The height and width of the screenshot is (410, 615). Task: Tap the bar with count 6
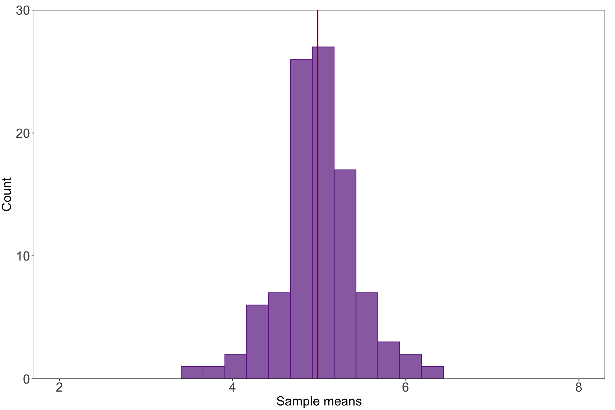pos(257,341)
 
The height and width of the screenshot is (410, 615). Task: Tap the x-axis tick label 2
pos(59,387)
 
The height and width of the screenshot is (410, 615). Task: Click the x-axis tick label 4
pos(232,387)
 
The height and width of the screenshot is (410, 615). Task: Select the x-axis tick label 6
pos(405,387)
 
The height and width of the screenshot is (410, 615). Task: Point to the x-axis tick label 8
pos(578,387)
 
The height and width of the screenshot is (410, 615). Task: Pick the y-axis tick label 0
pos(26,379)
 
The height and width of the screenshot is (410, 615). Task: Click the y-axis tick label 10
pos(23,256)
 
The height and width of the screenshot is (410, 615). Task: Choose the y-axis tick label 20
pos(23,133)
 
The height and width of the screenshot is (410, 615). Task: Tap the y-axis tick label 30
pos(23,11)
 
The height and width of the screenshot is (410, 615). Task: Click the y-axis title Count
pos(7,194)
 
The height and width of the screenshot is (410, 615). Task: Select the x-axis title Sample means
pos(319,401)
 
